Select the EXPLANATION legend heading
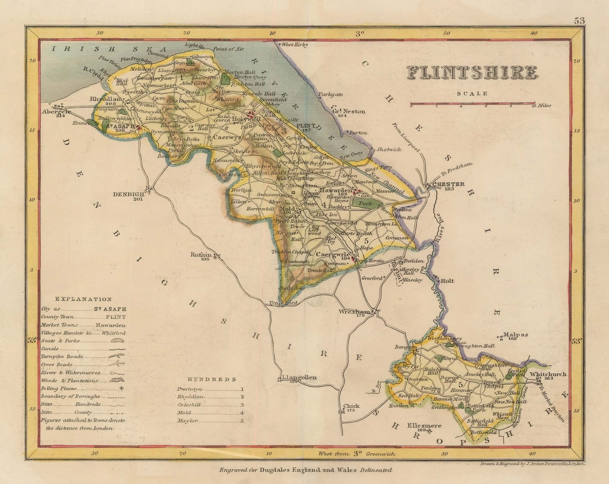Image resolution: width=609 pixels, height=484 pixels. coord(83,299)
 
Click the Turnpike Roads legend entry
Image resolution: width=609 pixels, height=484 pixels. coord(62,357)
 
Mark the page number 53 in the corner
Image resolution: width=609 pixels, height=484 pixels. coord(580,21)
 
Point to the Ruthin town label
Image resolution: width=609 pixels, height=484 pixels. coord(201,256)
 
